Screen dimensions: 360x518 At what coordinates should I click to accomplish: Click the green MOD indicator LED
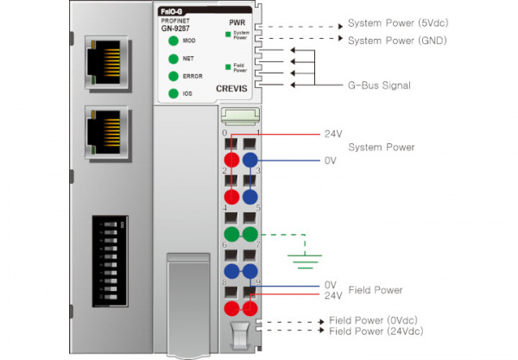pos(174,41)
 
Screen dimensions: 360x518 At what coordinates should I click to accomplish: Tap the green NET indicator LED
pos(174,59)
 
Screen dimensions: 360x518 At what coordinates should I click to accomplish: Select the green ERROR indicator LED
pos(174,76)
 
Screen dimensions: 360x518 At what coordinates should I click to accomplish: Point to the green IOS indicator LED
pos(174,93)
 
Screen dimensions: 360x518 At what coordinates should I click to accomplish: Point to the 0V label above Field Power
pos(330,284)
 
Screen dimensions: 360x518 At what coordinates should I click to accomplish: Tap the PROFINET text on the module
pos(176,19)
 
